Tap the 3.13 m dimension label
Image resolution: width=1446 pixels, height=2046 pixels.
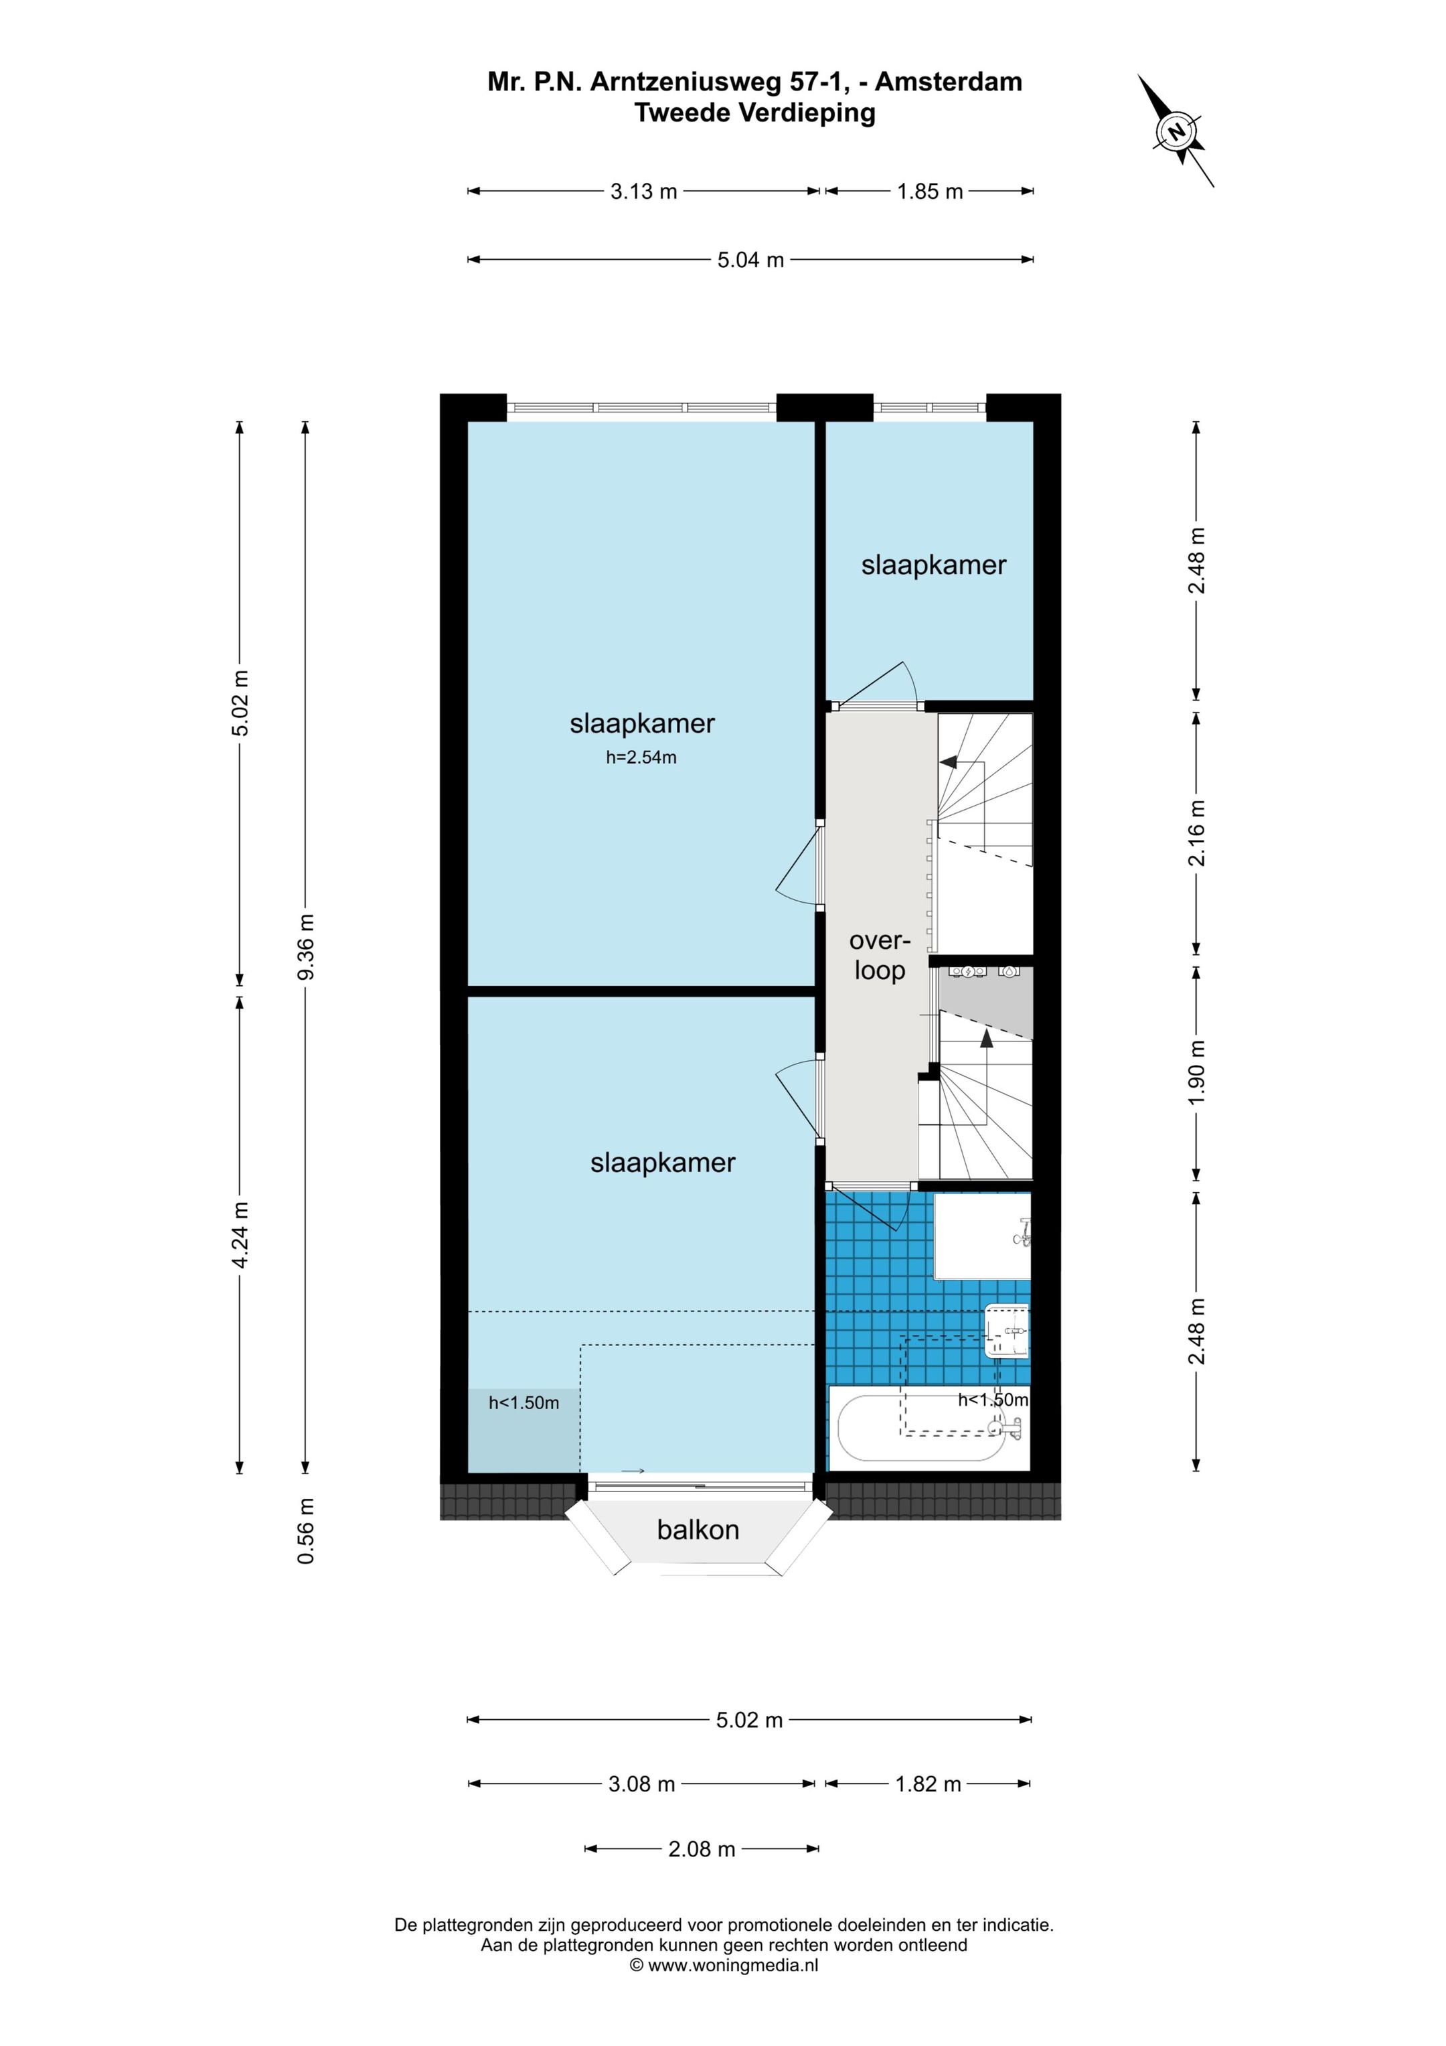point(643,192)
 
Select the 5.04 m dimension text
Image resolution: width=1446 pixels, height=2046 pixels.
point(750,261)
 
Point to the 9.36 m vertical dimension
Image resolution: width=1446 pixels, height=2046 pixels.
point(305,946)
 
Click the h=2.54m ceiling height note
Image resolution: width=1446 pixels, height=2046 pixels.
point(641,758)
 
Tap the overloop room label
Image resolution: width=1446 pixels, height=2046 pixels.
point(880,956)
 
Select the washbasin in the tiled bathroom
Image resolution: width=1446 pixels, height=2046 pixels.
point(1007,1331)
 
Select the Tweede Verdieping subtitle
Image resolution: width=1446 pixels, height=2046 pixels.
point(754,113)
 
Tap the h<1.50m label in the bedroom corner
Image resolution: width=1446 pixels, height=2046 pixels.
point(524,1402)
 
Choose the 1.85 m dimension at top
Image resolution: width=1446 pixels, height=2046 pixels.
point(929,192)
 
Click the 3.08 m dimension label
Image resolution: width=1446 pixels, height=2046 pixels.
point(641,1784)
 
